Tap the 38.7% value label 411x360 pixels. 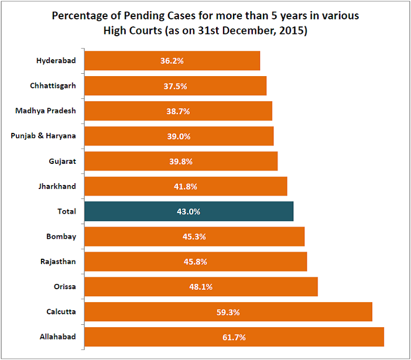pos(178,111)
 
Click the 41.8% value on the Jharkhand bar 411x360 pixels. pos(186,186)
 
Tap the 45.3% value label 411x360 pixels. pos(194,236)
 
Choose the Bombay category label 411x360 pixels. pos(61,236)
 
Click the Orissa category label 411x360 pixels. pos(64,287)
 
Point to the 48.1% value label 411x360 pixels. pos(201,287)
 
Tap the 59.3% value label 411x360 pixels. pos(228,312)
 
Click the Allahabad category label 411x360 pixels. pos(59,337)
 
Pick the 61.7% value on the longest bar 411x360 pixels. pos(234,337)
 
